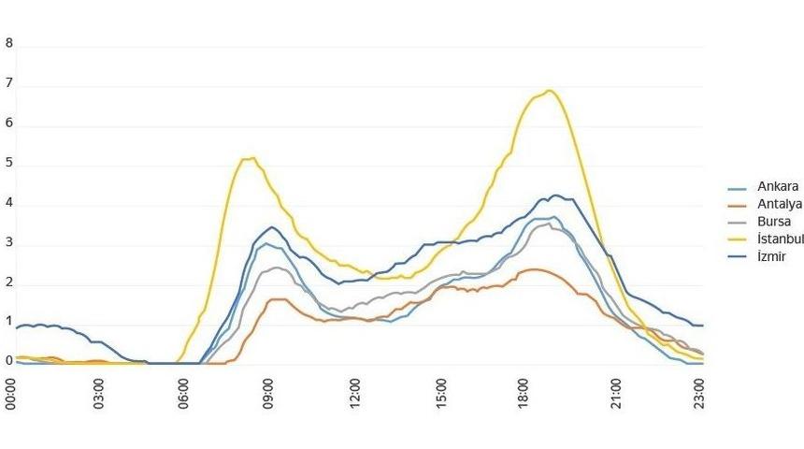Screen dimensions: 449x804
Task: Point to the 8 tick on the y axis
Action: pyautogui.click(x=9, y=43)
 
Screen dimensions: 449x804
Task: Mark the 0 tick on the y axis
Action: pyautogui.click(x=9, y=360)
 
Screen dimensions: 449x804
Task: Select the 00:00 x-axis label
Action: pyautogui.click(x=11, y=394)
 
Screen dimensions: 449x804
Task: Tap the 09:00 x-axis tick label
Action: pyautogui.click(x=269, y=394)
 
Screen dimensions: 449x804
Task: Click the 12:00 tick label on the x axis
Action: pyautogui.click(x=355, y=394)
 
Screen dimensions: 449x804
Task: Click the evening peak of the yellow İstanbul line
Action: pyautogui.click(x=549, y=91)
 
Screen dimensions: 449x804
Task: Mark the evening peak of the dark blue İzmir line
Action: pyautogui.click(x=556, y=196)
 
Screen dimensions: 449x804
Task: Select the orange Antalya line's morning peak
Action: pyautogui.click(x=278, y=299)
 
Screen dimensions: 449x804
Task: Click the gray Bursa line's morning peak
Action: pyautogui.click(x=276, y=268)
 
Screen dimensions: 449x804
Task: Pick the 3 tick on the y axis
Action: pyautogui.click(x=9, y=244)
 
